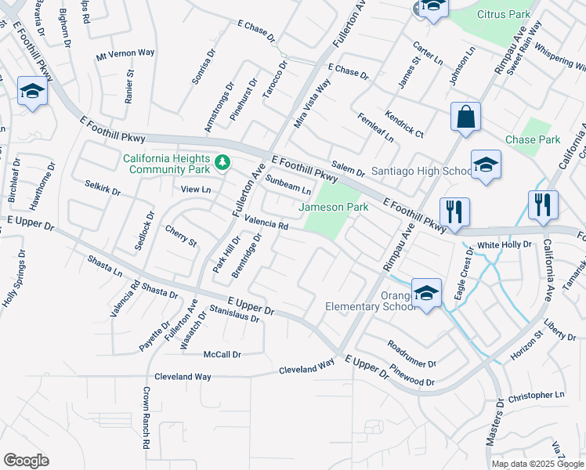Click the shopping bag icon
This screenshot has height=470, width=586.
465,117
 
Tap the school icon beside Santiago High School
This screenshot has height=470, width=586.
486,165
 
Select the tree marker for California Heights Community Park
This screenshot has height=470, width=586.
223,162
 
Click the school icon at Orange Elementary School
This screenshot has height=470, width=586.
426,294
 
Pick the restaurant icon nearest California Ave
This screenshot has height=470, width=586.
542,205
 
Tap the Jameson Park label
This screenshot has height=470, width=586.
334,208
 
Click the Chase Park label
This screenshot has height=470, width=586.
533,139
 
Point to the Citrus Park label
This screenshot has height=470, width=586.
505,14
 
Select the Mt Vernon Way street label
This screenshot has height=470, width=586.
125,53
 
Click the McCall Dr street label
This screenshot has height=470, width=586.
222,354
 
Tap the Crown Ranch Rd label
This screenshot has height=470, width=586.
146,418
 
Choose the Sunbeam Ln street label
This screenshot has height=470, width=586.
288,186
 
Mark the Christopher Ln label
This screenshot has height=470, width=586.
536,396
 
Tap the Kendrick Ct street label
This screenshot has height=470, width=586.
404,124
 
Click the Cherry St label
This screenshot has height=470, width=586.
181,236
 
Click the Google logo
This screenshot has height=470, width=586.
26,461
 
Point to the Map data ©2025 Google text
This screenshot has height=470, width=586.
537,464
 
